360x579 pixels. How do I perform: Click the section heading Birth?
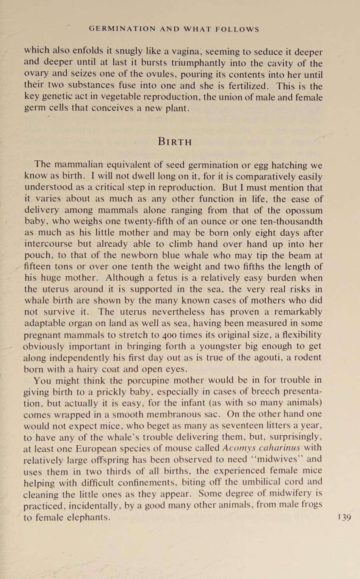tap(175, 142)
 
